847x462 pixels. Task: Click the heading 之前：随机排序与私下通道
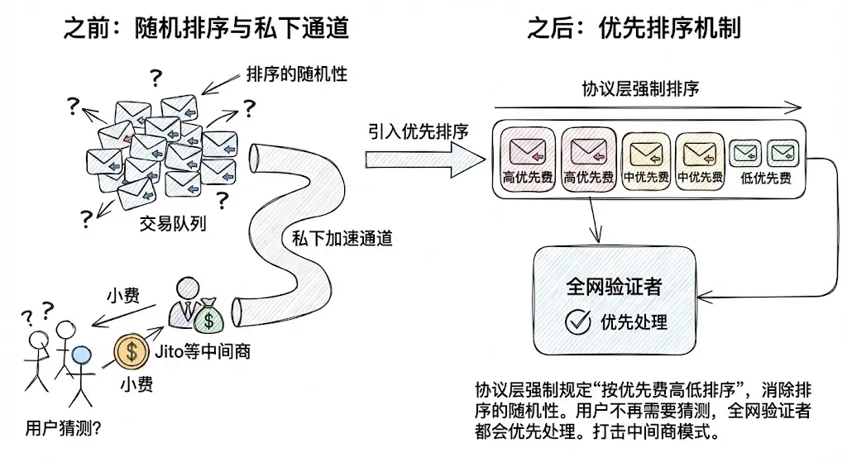coord(205,28)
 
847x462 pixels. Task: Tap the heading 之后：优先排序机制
coord(634,28)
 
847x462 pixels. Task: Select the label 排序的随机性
coord(296,74)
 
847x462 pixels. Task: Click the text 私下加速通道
coord(342,239)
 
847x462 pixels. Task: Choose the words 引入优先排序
coord(419,131)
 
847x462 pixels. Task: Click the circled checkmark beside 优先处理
coord(577,322)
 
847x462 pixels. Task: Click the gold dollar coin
coord(130,352)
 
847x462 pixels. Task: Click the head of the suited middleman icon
coord(188,290)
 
